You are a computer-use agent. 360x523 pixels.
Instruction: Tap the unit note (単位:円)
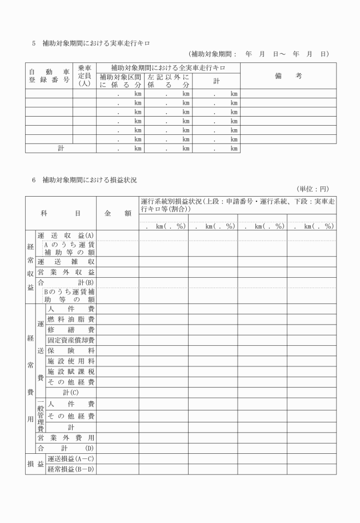click(x=313, y=189)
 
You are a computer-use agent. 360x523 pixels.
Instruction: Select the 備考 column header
click(x=288, y=75)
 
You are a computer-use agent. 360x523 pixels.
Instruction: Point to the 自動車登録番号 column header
click(x=49, y=75)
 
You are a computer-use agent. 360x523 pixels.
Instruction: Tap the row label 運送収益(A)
click(x=66, y=235)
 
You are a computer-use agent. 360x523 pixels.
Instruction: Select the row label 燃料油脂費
click(x=70, y=319)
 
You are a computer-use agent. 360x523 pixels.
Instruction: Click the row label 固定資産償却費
click(x=70, y=340)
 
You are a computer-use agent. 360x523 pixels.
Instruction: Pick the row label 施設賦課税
click(x=70, y=371)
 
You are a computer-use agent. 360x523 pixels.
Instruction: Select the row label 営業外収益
click(x=66, y=272)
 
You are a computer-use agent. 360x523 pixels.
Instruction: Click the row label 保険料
click(x=70, y=350)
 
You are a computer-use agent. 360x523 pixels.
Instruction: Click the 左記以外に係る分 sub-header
click(x=167, y=81)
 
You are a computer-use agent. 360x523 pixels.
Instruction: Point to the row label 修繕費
click(x=70, y=329)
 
